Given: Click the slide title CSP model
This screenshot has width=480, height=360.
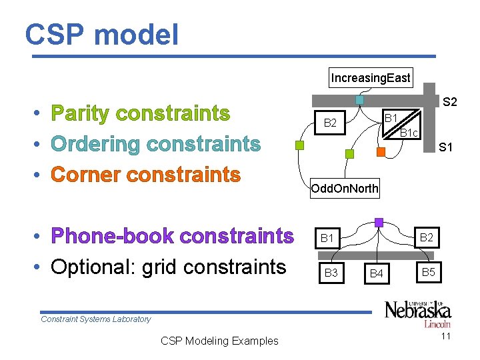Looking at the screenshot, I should coord(102,35).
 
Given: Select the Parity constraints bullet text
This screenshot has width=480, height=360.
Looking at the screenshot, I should coord(140,114).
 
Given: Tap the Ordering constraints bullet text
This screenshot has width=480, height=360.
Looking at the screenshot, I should coord(155,144).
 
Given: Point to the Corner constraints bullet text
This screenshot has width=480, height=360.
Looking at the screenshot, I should coord(145,175).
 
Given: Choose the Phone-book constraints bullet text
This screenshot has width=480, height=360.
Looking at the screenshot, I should coord(172,236).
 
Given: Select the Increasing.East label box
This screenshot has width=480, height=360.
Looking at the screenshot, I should coord(371,78).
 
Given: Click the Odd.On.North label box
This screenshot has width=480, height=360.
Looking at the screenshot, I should coord(345,189).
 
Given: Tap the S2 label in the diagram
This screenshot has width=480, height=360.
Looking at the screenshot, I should coord(450,102).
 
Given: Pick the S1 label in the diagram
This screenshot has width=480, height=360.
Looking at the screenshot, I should coord(446,147).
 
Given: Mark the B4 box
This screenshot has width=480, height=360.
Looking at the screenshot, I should coord(377,273).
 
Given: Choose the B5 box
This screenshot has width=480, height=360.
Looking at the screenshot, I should coord(428,272).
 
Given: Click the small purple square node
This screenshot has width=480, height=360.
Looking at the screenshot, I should coord(379,223).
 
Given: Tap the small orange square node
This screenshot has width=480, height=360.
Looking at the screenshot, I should coord(381,152).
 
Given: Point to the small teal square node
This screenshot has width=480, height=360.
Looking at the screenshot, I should coord(359,100).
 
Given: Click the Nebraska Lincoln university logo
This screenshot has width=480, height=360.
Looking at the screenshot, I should coord(417,313).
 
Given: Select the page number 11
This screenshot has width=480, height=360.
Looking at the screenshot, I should coord(446,336).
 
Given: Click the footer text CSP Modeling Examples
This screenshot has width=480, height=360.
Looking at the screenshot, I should coord(219,341).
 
